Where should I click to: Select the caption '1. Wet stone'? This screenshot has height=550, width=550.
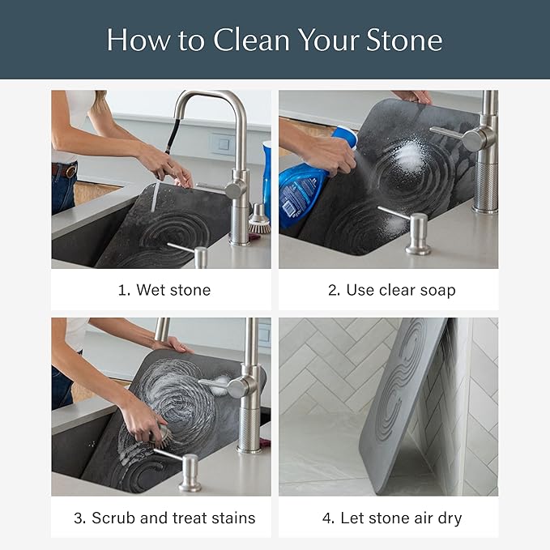click(x=161, y=289)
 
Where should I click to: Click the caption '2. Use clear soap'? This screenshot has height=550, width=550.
click(x=388, y=289)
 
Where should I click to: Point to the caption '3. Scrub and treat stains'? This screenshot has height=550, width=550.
click(x=161, y=517)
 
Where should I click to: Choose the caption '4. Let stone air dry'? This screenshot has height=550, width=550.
click(x=388, y=517)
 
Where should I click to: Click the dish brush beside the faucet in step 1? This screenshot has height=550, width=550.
click(x=258, y=221)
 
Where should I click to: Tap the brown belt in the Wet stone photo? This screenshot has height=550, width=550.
click(x=64, y=171)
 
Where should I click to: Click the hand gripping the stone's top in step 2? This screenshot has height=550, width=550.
click(x=413, y=97)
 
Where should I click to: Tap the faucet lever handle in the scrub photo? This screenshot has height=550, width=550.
click(x=217, y=386)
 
